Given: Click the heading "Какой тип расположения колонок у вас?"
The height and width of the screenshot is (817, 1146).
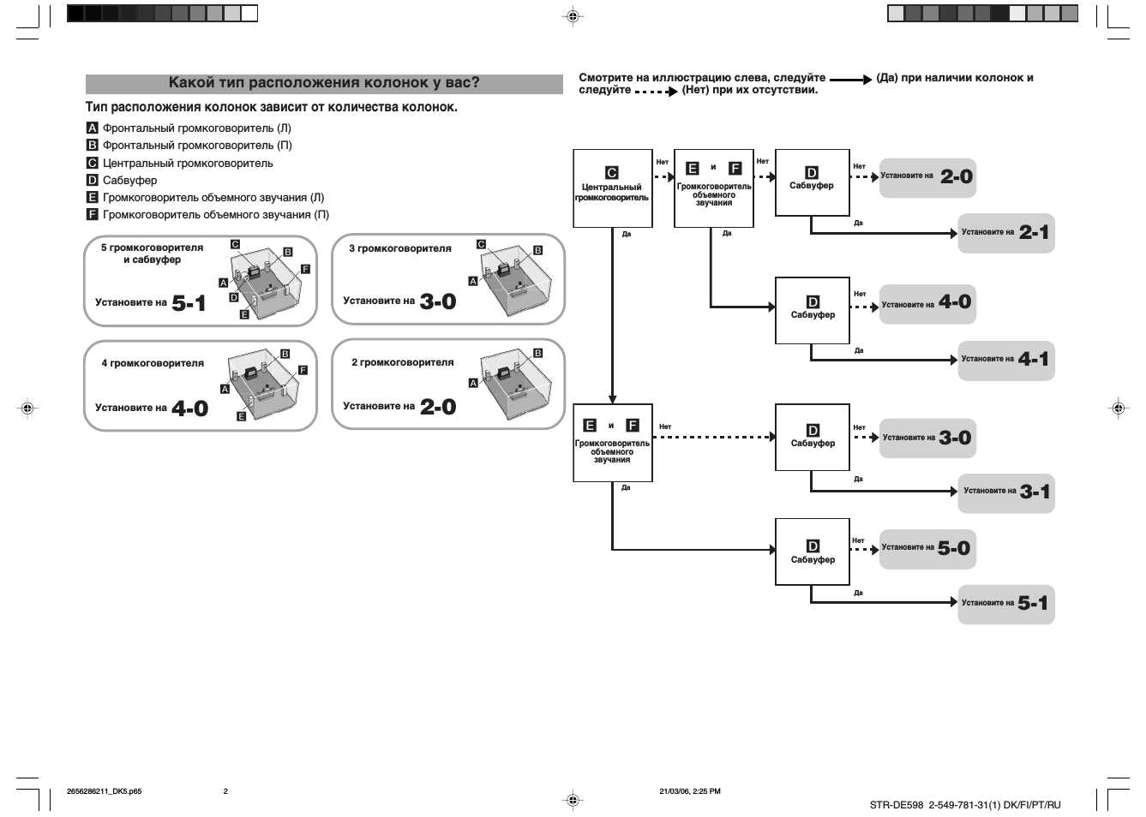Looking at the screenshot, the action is [x=324, y=82].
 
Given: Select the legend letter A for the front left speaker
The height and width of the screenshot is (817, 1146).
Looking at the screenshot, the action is [x=92, y=128].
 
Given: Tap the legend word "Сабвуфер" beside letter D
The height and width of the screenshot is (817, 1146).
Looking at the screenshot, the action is [x=129, y=181].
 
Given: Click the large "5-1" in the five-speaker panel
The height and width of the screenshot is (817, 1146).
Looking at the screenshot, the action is [x=189, y=303].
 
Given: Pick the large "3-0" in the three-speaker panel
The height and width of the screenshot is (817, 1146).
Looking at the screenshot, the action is [x=438, y=301].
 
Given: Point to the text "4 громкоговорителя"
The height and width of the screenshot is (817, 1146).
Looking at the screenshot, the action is [x=153, y=363].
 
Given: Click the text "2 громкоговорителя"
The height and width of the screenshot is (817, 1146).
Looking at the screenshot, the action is [x=403, y=362].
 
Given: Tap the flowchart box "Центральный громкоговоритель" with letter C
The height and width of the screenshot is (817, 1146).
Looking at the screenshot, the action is [x=612, y=188].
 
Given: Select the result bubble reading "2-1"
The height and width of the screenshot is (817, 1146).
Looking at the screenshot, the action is [x=1006, y=233].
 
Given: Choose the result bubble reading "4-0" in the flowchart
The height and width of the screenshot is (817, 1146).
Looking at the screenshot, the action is [x=927, y=304].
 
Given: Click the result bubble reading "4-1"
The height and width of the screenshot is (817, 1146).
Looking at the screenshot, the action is [x=1006, y=361].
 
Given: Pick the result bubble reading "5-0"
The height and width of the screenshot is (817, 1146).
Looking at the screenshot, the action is [x=927, y=549].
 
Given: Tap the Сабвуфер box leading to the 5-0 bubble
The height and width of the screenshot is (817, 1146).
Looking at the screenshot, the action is [x=813, y=552].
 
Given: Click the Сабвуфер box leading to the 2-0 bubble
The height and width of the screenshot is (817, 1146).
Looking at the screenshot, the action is [x=813, y=182].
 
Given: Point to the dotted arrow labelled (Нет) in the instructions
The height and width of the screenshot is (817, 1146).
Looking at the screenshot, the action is [x=656, y=92].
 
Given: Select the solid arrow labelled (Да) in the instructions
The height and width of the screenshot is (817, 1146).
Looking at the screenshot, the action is [x=851, y=80].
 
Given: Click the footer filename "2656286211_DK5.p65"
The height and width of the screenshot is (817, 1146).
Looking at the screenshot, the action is [x=104, y=791].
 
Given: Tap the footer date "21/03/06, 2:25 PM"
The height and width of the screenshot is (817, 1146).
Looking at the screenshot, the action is [x=690, y=791].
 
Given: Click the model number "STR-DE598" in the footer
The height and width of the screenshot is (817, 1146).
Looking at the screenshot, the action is [x=897, y=805].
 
